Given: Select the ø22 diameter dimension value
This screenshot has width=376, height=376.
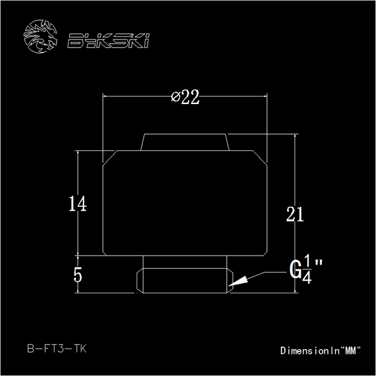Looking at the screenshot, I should pos(185,97).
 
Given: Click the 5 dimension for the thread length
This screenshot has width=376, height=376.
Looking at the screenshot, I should pos(78,275).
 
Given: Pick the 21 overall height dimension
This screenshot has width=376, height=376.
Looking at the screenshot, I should pos(295,214).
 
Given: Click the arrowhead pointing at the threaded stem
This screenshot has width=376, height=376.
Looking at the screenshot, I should pos(236,283).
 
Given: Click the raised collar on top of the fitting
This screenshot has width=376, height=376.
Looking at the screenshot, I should pos(185,142).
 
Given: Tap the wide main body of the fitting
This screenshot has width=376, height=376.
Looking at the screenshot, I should pos(185,204).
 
